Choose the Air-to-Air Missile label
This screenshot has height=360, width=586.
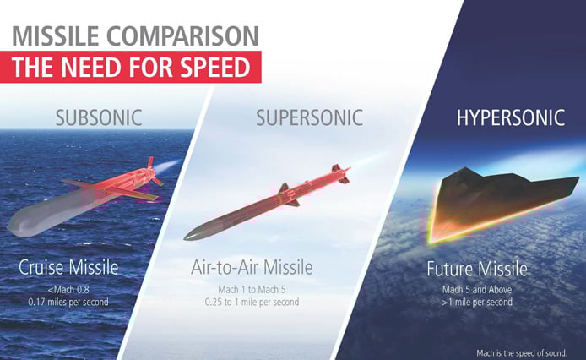pyautogui.click(x=252, y=269)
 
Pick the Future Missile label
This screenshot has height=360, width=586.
pyautogui.click(x=478, y=270)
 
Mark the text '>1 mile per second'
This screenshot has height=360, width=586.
pyautogui.click(x=478, y=300)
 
